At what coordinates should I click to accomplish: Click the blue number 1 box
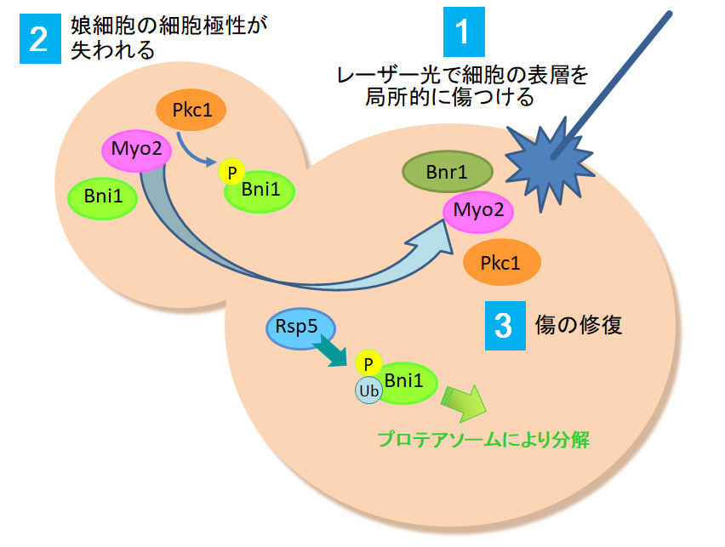464,31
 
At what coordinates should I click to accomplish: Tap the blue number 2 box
40,38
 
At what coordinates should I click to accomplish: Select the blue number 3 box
505,326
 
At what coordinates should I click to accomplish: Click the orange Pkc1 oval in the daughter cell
191,110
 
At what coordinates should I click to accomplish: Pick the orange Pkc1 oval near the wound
502,262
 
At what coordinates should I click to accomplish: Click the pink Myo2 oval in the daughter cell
137,151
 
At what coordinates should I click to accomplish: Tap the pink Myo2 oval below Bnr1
478,211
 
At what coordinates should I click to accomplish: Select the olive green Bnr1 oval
447,172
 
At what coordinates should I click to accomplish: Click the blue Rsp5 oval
300,328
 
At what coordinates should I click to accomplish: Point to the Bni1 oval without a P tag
103,197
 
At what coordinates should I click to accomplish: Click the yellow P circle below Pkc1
231,172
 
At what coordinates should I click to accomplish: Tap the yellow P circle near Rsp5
368,363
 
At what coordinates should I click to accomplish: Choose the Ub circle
368,390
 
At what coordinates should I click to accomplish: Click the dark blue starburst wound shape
549,165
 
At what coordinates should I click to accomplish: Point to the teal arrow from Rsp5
330,351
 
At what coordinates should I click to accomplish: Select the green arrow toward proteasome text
463,402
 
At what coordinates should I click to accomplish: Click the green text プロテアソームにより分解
483,439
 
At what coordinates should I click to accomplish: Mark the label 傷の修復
579,325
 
